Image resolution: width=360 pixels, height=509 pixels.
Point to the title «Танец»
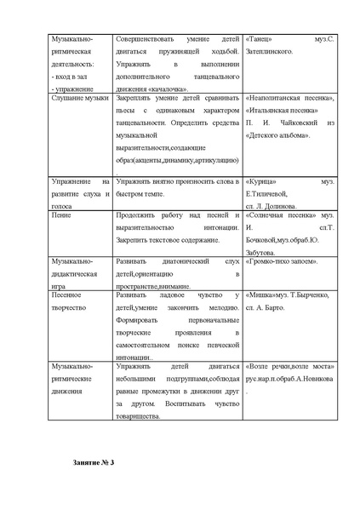tap(260, 39)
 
